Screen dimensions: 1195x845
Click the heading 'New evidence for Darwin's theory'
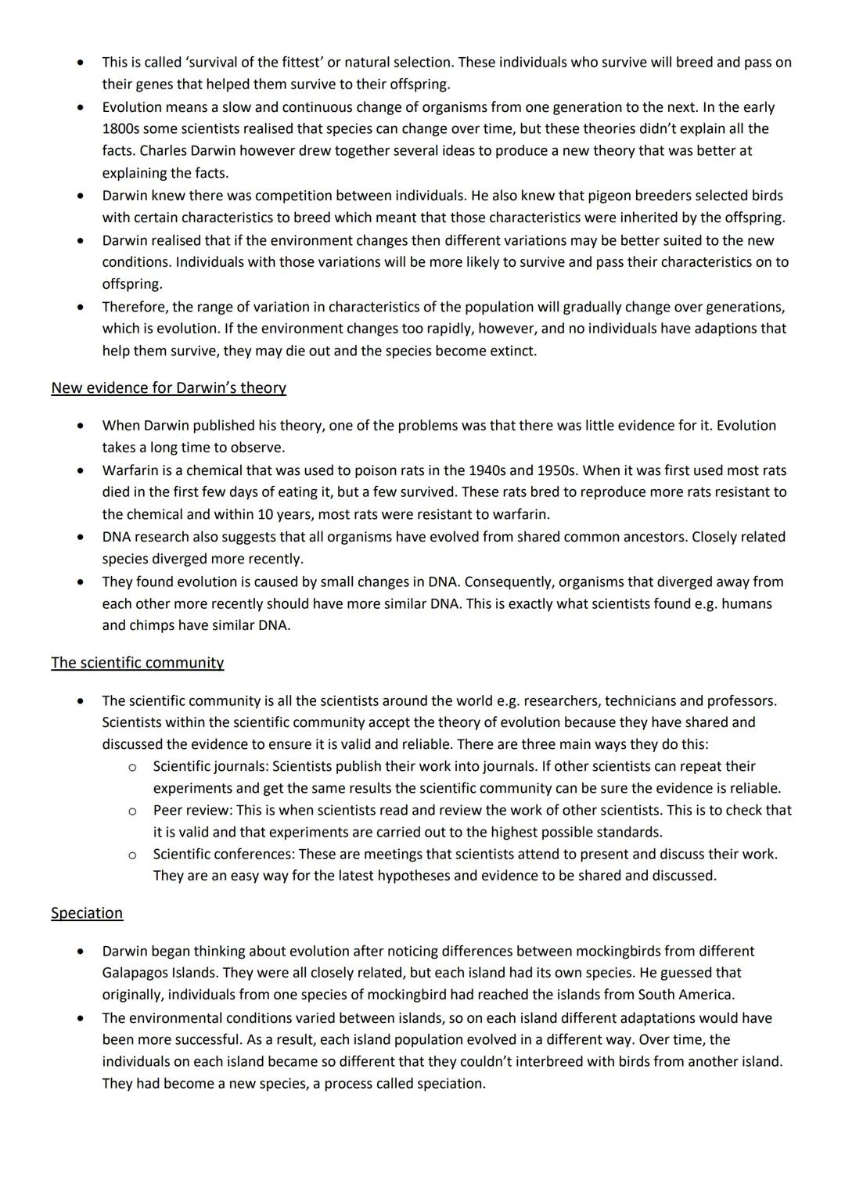(168, 388)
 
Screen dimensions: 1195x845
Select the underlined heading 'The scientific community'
(137, 663)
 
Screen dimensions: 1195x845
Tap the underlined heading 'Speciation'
(87, 913)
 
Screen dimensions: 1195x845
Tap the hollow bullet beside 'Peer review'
(132, 811)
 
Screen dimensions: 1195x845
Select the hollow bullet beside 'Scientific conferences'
(132, 855)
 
